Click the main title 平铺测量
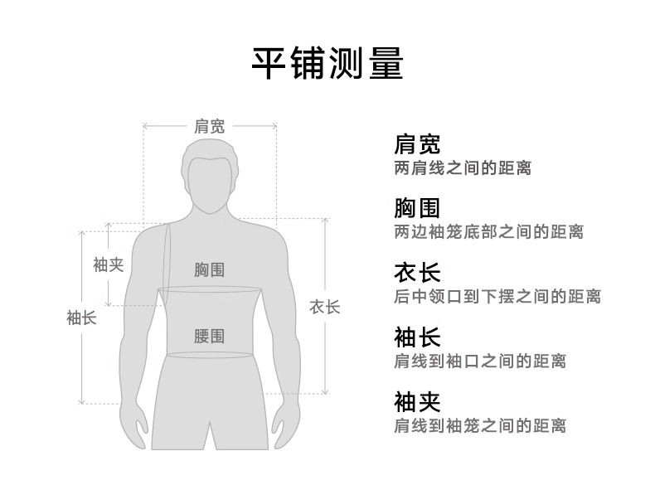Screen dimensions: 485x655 tap(327, 64)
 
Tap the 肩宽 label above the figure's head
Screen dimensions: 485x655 tap(209, 127)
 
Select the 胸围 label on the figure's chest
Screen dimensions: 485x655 tap(209, 269)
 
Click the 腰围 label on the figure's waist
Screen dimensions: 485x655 tap(209, 336)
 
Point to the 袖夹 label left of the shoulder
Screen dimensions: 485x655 tap(108, 264)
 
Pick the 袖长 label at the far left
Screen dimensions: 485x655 tap(81, 318)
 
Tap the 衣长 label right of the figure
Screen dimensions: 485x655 tap(325, 307)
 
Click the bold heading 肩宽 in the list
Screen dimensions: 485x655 tap(417, 143)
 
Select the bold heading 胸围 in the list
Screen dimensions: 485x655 tap(417, 207)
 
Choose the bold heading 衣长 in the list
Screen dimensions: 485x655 tap(417, 272)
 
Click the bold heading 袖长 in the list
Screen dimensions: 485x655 tap(417, 337)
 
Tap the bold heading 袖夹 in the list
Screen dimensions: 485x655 tap(417, 402)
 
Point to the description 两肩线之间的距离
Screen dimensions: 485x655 tap(462, 167)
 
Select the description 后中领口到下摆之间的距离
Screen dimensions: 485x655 tap(497, 296)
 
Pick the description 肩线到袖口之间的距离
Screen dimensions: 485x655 tap(479, 361)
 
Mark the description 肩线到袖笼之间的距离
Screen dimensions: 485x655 tap(479, 426)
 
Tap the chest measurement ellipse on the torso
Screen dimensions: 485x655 tap(209, 289)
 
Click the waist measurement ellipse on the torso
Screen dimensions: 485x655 tap(209, 356)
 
